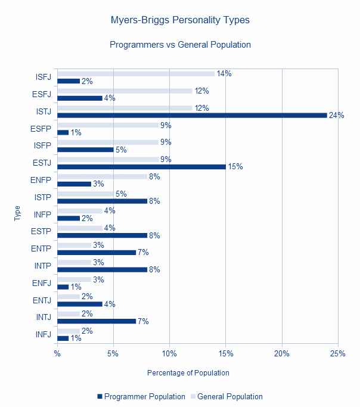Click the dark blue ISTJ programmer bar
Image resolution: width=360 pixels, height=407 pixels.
(192, 115)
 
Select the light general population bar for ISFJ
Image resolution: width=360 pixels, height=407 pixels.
(136, 74)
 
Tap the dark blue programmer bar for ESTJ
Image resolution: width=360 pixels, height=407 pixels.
(141, 167)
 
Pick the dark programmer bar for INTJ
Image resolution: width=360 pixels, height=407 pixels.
(97, 321)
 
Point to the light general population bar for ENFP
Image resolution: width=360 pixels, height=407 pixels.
(103, 177)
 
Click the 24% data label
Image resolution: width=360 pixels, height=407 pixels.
(336, 115)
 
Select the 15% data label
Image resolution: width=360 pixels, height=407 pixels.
(235, 167)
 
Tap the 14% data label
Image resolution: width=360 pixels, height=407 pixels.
(224, 74)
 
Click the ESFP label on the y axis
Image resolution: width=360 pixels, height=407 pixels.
(41, 129)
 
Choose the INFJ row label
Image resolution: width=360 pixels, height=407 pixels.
(44, 334)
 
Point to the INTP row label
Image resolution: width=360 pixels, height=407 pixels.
(43, 266)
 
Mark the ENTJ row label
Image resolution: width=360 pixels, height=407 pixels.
(42, 300)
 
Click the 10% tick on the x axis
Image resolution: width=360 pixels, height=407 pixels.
(169, 353)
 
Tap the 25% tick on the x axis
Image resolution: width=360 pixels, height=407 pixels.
(338, 353)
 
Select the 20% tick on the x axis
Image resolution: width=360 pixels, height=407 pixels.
(282, 353)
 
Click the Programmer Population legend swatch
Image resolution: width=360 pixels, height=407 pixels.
(100, 396)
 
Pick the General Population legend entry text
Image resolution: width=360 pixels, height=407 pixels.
(230, 397)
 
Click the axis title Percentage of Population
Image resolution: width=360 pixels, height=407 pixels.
(188, 373)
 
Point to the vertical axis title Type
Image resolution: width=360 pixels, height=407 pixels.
(17, 213)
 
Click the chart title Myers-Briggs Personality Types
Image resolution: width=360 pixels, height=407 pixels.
(180, 20)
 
